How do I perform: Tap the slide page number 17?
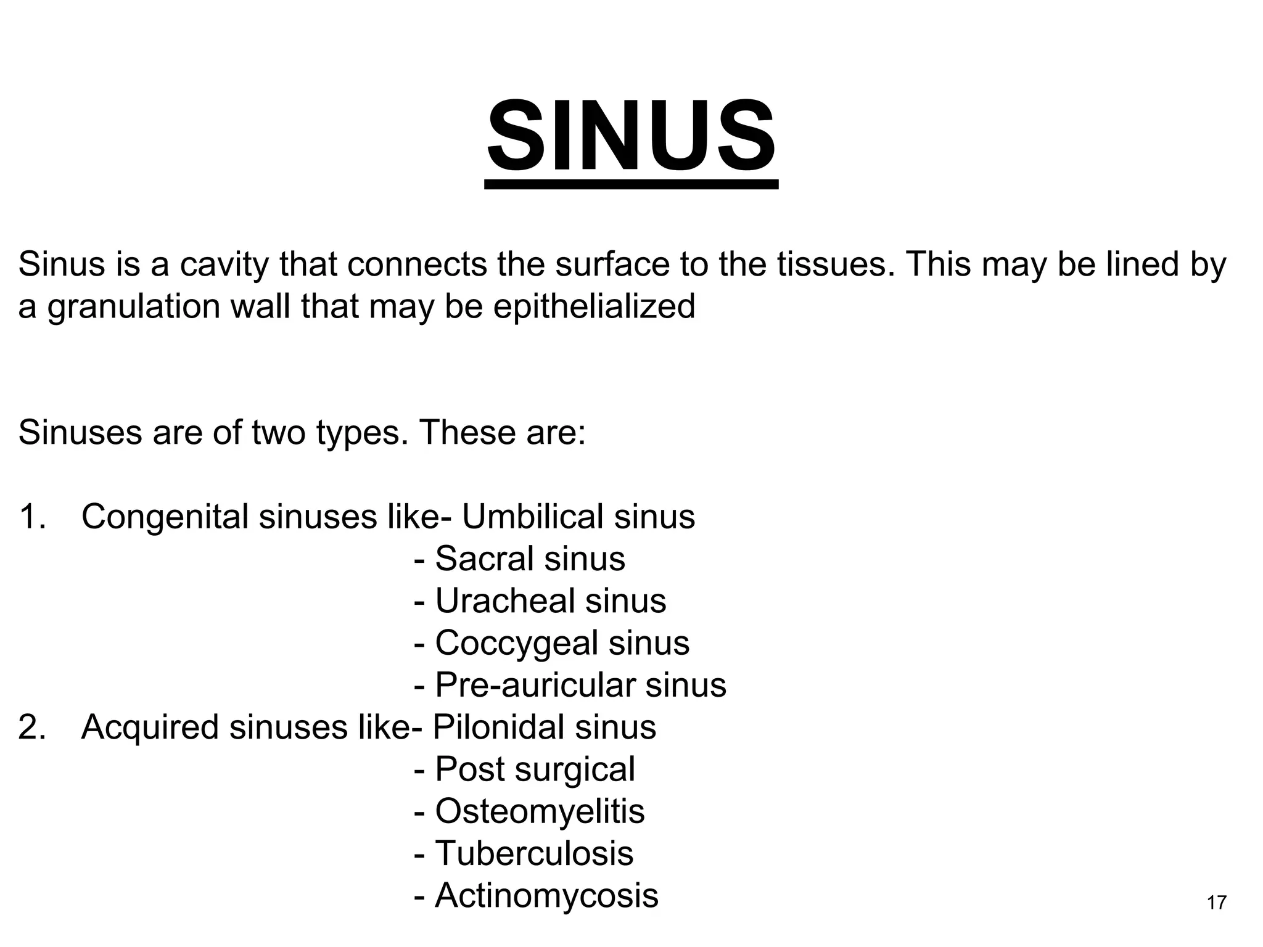click(x=1216, y=903)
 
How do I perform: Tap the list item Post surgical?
click(x=535, y=769)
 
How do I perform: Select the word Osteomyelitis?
click(x=540, y=811)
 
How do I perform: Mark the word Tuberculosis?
click(x=534, y=853)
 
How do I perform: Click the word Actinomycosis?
click(x=546, y=895)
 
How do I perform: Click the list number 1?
click(x=31, y=517)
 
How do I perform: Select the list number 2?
click(x=31, y=728)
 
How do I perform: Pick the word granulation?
click(x=133, y=306)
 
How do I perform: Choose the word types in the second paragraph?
click(x=362, y=433)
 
